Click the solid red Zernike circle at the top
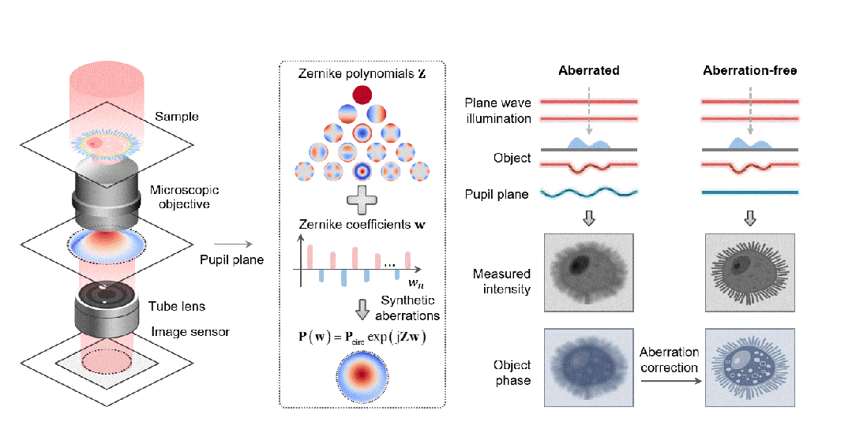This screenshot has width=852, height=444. point(362,95)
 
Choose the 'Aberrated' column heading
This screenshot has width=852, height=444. point(588,70)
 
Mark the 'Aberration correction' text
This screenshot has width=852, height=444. point(669,360)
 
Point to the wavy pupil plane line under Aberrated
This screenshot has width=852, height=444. point(588,192)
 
